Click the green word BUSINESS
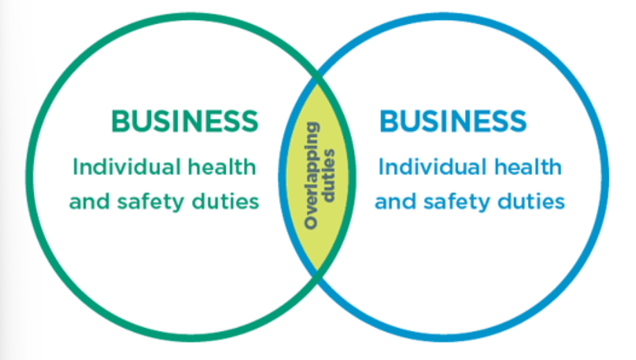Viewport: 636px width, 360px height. (184, 122)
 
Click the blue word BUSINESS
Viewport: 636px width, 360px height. (452, 122)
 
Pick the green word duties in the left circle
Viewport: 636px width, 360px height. (228, 201)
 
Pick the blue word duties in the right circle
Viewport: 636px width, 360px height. (533, 201)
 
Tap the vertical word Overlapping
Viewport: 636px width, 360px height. (311, 176)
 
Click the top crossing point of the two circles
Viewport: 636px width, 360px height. (318, 77)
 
